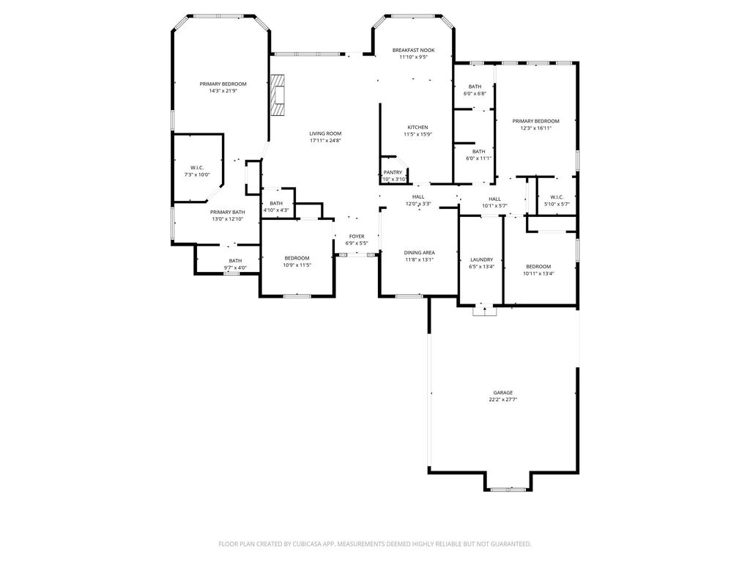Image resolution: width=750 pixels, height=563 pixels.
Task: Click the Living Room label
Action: click(x=325, y=133)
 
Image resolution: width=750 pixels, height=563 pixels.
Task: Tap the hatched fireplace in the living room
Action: click(x=278, y=95)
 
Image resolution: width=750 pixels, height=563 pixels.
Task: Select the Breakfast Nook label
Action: click(x=413, y=50)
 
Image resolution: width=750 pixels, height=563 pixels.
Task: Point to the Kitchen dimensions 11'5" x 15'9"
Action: click(x=417, y=135)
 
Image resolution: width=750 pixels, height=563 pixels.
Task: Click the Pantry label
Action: click(x=393, y=172)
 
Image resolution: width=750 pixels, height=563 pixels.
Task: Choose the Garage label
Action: click(x=503, y=393)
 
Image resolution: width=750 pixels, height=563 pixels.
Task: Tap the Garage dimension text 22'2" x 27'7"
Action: click(x=503, y=400)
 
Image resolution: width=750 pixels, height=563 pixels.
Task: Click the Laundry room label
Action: click(x=482, y=260)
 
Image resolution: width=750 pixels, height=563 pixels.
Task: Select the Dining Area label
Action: click(x=420, y=253)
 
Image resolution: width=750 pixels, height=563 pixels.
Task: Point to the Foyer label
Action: click(x=357, y=237)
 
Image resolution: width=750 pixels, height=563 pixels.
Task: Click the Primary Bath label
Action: click(x=228, y=212)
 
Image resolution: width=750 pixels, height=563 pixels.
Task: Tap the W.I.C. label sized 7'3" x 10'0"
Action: click(x=197, y=168)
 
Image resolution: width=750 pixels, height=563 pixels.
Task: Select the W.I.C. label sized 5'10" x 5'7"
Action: click(x=557, y=197)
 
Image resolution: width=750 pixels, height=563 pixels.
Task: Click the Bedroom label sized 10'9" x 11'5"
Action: click(x=297, y=258)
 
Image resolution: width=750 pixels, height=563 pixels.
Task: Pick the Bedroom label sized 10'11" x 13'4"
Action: click(x=538, y=267)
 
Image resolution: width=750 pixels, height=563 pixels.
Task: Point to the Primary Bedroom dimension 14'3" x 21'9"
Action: click(x=223, y=90)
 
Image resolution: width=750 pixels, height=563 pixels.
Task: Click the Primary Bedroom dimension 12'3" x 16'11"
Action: click(x=535, y=128)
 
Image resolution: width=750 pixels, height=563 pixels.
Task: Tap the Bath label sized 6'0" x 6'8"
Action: click(x=475, y=87)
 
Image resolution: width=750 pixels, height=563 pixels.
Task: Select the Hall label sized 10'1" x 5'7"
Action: click(x=495, y=199)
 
